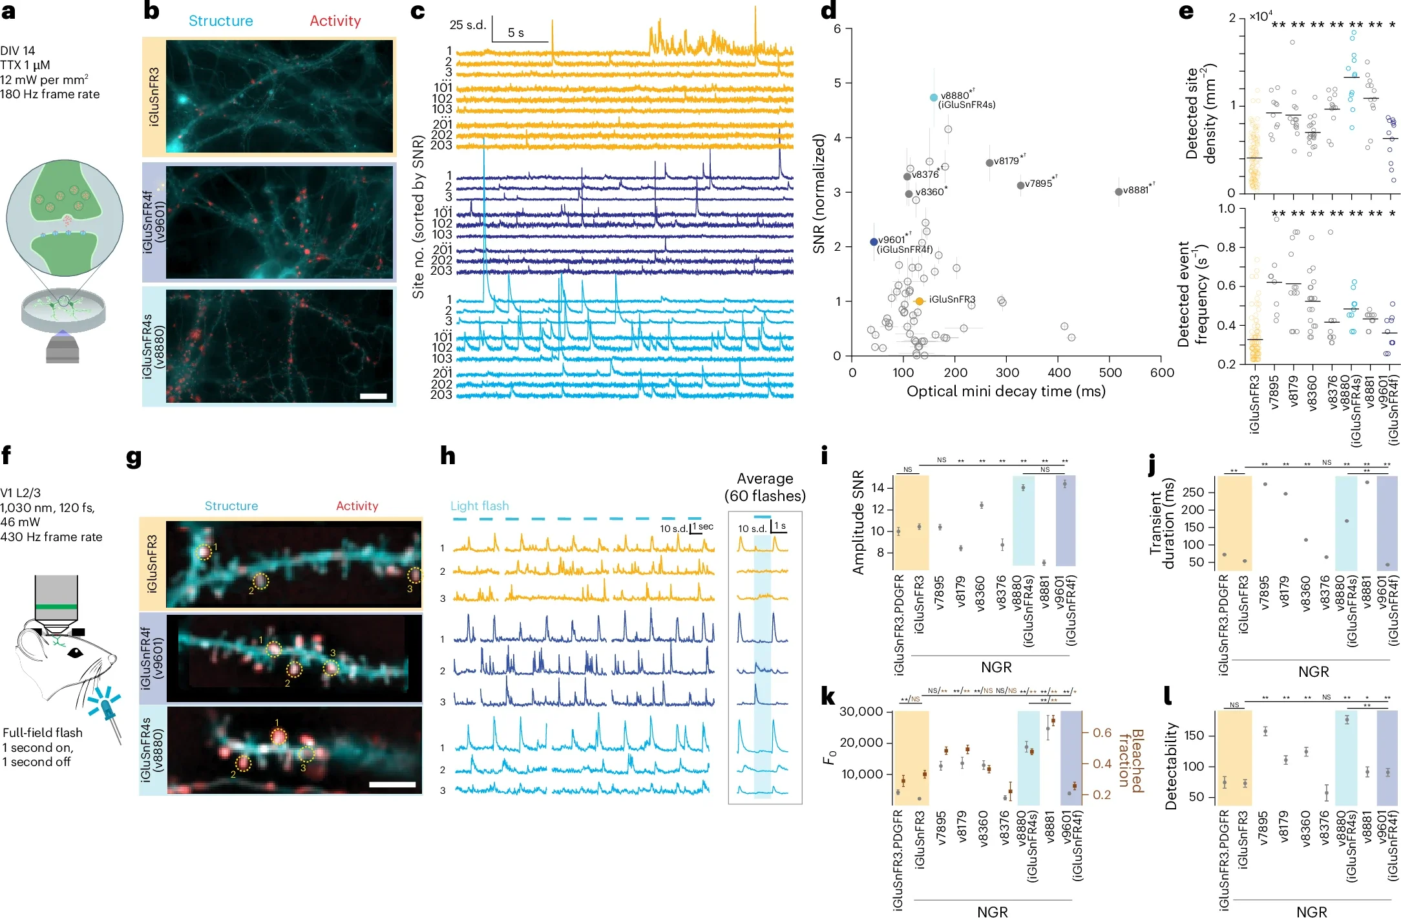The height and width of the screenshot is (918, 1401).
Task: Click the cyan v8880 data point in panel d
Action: pos(933,98)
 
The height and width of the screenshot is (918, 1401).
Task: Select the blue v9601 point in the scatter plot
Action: pos(874,242)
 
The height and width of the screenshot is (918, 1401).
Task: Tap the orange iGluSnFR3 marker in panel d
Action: pos(920,301)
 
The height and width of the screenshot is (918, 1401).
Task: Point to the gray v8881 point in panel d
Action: pos(1118,192)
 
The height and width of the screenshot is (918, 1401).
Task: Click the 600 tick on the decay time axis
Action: pos(1162,372)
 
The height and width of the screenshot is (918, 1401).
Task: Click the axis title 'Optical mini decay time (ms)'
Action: pos(1006,391)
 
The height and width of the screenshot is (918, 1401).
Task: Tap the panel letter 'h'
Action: pos(447,456)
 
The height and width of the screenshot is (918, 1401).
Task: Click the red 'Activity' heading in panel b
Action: pos(335,21)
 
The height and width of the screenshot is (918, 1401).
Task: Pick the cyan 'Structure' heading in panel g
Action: pos(231,506)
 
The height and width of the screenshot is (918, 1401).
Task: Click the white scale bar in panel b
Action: pos(374,396)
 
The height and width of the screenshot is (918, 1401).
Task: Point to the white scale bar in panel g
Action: pos(392,784)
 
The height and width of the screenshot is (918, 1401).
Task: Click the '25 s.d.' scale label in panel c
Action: pos(467,25)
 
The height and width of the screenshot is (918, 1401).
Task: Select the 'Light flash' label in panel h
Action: pos(479,506)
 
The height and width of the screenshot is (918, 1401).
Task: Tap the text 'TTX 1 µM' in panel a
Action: pos(25,65)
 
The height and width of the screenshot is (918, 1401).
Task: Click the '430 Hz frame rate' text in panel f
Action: pos(51,537)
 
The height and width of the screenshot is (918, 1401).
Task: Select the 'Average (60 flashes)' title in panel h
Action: pos(764,487)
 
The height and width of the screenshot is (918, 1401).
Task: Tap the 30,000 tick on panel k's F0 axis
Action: pos(861,712)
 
